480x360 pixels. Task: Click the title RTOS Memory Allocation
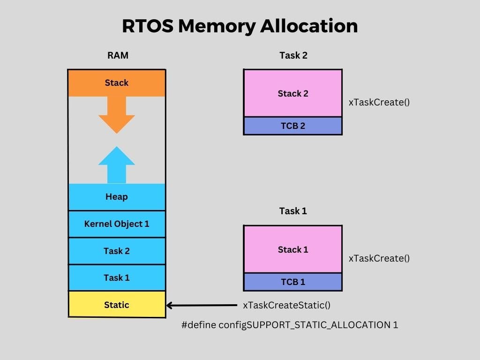[x=240, y=26]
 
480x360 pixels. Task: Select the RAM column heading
[x=117, y=55]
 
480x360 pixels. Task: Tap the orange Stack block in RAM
[x=117, y=83]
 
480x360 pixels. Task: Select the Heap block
[x=117, y=197]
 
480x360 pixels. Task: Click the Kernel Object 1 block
[x=117, y=224]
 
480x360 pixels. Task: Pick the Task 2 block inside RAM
[x=117, y=251]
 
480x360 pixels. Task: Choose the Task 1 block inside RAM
[x=117, y=278]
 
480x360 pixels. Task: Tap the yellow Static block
[x=117, y=305]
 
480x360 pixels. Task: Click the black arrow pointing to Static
[x=202, y=306]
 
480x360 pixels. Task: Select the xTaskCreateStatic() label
[x=286, y=305]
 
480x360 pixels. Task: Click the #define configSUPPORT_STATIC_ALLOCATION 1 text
[x=290, y=325]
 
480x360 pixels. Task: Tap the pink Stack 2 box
[x=293, y=94]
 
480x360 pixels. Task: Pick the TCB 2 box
[x=293, y=126]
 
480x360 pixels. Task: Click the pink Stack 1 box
[x=293, y=249]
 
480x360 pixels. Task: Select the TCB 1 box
[x=293, y=282]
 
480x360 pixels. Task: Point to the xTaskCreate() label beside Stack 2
[x=379, y=102]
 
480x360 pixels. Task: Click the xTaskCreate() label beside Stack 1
[x=379, y=258]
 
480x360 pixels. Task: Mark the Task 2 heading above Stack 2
[x=293, y=55]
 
